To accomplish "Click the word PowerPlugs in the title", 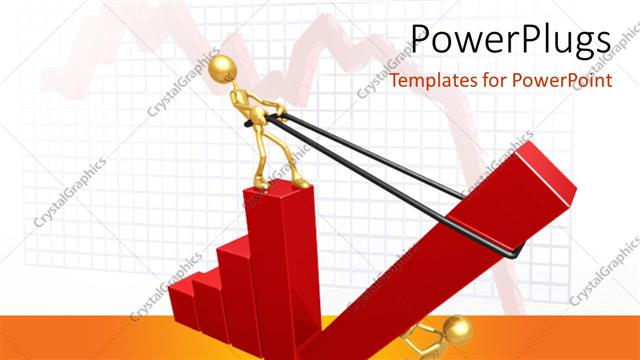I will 511,41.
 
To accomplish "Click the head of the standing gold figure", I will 223,68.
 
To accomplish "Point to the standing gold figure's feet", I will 279,181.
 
